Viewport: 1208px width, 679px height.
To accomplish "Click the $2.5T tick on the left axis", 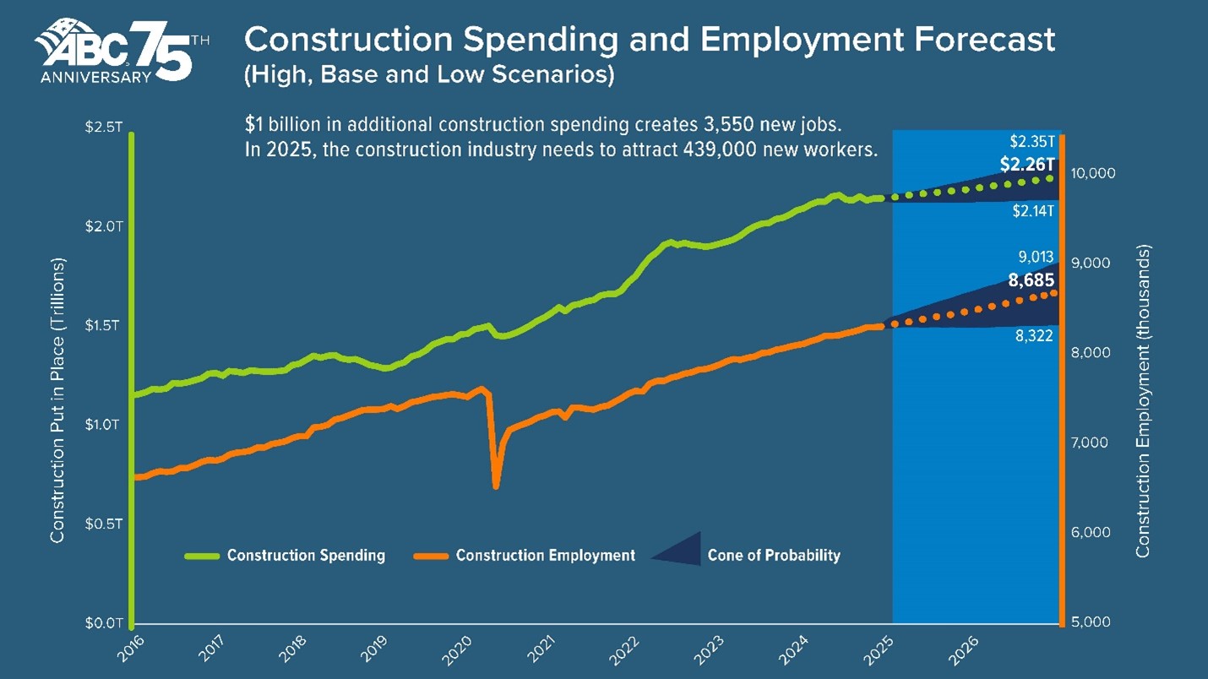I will coord(104,128).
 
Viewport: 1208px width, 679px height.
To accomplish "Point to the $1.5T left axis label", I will coord(104,325).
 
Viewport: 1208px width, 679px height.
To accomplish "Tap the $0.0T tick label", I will coord(104,623).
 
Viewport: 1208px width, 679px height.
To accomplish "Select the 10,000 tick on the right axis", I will coord(1093,173).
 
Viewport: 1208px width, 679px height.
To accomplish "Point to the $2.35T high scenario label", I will coord(1032,141).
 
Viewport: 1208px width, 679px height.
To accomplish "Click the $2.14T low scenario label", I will coord(1032,211).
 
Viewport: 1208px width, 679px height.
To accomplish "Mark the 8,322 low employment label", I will coord(1034,335).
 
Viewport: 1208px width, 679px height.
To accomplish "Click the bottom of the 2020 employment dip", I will coord(496,486).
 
